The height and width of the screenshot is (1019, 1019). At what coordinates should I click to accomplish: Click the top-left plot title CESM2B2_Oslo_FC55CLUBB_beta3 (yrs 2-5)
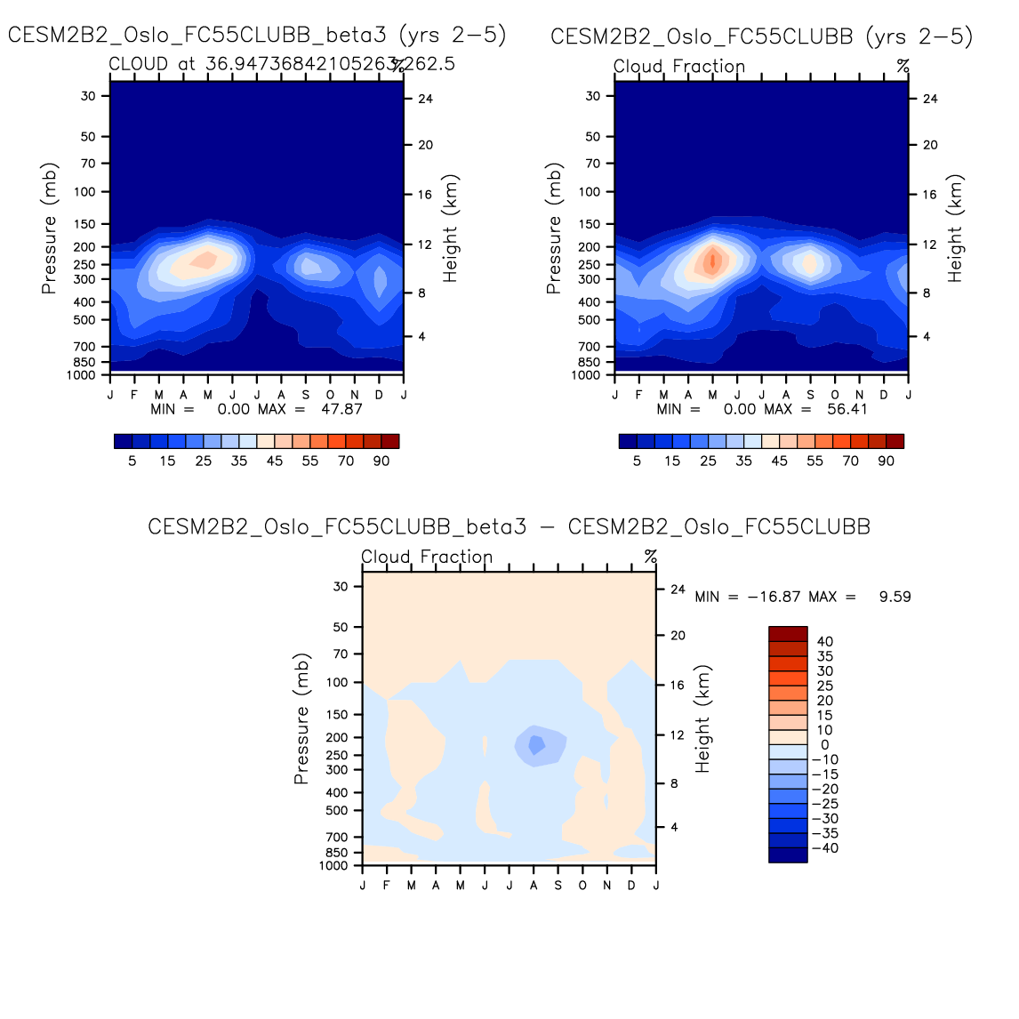click(x=257, y=36)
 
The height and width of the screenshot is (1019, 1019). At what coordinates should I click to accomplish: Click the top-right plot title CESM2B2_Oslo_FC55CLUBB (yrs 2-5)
click(x=761, y=36)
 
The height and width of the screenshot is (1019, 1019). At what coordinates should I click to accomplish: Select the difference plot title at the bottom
click(x=509, y=526)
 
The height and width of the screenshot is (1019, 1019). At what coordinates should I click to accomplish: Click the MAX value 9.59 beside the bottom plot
click(x=895, y=597)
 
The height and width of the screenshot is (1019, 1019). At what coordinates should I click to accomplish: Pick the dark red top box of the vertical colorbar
click(x=788, y=633)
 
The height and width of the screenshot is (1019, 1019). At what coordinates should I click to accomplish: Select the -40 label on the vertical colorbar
click(x=825, y=848)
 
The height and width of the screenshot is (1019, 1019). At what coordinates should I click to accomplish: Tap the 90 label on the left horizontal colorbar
click(x=381, y=461)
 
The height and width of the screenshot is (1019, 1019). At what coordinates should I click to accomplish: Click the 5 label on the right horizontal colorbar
click(x=637, y=461)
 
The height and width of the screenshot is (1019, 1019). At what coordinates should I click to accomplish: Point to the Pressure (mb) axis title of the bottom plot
click(x=301, y=720)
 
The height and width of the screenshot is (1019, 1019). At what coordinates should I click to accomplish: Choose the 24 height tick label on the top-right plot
click(x=930, y=99)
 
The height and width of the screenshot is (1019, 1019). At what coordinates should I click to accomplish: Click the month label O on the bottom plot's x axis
click(x=582, y=886)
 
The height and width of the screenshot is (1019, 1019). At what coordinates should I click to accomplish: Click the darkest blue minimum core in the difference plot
click(x=535, y=744)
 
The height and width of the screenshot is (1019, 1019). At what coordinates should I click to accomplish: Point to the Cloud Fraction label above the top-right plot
click(x=679, y=67)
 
